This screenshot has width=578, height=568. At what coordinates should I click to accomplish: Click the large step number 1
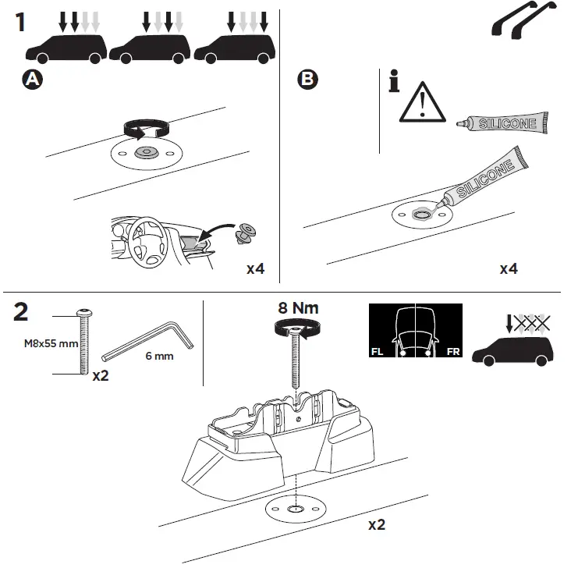pos(20,21)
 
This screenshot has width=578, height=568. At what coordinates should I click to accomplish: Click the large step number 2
pos(22,312)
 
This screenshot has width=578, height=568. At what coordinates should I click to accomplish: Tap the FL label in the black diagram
pos(377,352)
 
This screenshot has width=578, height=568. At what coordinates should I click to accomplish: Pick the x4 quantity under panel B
pos(509,269)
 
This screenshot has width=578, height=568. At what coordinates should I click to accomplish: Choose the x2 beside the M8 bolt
pos(100,375)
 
